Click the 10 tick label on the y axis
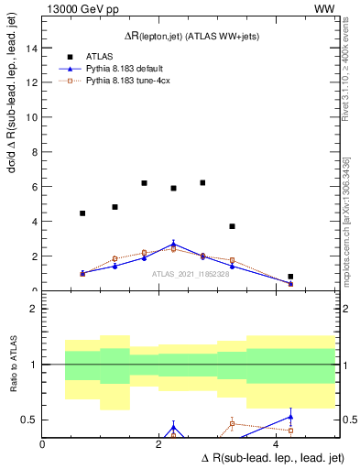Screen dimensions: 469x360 pyautogui.click(x=34, y=117)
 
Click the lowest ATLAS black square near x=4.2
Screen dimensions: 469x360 pyautogui.click(x=290, y=277)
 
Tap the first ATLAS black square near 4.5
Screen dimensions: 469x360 pyautogui.click(x=82, y=213)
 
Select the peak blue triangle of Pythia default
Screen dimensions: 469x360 pyautogui.click(x=173, y=245)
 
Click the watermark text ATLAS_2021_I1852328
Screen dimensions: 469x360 pyautogui.click(x=191, y=274)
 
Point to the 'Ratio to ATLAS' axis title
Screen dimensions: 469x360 pyautogui.click(x=13, y=365)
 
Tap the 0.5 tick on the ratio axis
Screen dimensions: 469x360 pyautogui.click(x=33, y=420)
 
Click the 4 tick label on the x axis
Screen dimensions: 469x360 pyautogui.click(x=278, y=444)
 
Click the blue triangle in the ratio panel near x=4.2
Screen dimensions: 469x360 pyautogui.click(x=290, y=417)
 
